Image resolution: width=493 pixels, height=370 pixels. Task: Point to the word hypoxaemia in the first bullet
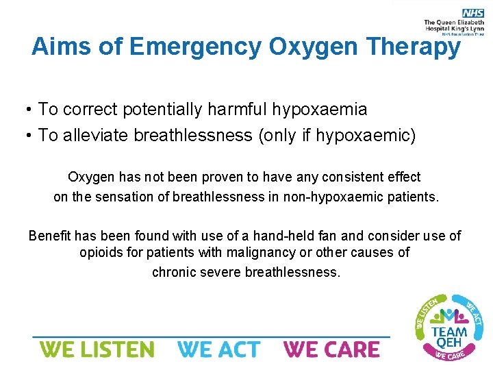[320, 110]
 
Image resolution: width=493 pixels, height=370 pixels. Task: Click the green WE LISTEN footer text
[97, 349]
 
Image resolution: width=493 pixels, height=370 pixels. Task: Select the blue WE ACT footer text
[219, 349]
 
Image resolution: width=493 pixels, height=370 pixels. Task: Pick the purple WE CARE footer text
[331, 349]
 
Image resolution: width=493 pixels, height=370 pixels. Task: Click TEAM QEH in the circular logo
[450, 338]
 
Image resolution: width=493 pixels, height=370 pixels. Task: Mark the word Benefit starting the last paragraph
[50, 236]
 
